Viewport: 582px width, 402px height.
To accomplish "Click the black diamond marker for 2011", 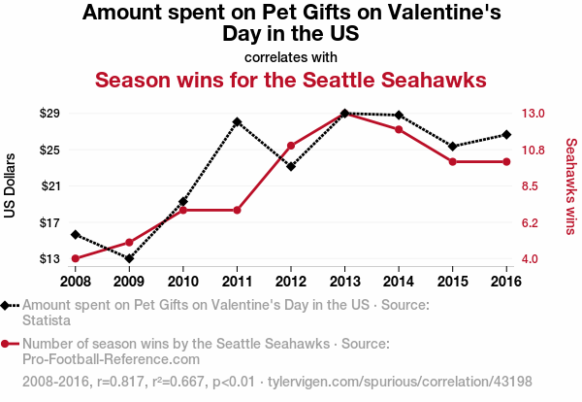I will tap(237, 122).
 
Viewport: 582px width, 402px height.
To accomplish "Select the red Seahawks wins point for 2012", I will tap(291, 146).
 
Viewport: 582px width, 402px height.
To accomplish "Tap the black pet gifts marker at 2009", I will tap(129, 258).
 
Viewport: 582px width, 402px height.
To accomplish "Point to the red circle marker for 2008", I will tap(75, 258).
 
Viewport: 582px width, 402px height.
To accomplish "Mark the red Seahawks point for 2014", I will tap(399, 129).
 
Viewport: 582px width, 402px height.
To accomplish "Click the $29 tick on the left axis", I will tap(49, 114).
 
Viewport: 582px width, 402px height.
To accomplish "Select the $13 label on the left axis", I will tap(49, 259).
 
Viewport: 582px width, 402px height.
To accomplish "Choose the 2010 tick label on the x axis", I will tap(183, 281).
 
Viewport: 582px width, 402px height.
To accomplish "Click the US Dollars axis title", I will tap(11, 186).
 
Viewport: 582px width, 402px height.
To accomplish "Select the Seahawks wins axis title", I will tap(571, 186).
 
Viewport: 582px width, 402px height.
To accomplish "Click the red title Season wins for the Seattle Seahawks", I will tap(291, 80).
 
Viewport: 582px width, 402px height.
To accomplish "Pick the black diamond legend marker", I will tap(7, 305).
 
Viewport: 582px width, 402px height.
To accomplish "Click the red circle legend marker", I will tap(7, 343).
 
